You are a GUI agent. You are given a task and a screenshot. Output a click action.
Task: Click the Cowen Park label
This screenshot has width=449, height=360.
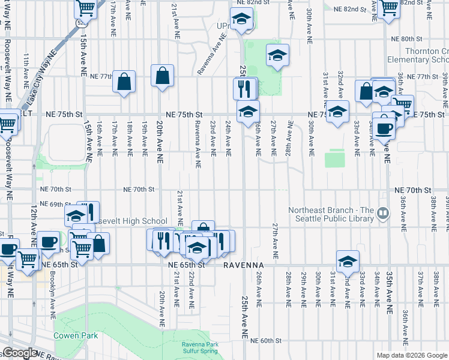tap(75, 335)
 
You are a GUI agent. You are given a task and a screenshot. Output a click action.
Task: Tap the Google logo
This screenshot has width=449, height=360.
tap(20, 353)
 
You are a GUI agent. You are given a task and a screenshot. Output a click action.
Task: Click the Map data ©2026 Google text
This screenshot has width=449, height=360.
tap(411, 355)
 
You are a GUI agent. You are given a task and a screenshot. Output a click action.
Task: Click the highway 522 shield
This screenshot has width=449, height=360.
tap(81, 23)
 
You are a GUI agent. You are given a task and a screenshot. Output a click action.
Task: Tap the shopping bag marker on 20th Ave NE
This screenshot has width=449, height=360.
tap(162, 76)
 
